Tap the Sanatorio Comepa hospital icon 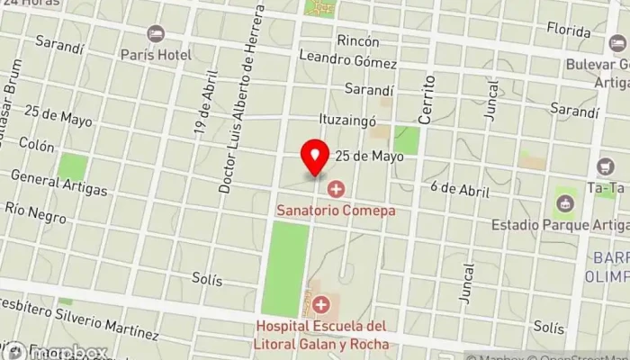pyautogui.click(x=337, y=189)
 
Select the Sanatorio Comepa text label pyautogui.click(x=337, y=210)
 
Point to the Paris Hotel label pyautogui.click(x=157, y=55)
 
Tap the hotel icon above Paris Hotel pyautogui.click(x=157, y=34)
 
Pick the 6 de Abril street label pyautogui.click(x=459, y=190)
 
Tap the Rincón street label pyautogui.click(x=357, y=41)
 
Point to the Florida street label pyautogui.click(x=568, y=31)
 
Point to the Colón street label pyautogui.click(x=37, y=145)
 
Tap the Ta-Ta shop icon pyautogui.click(x=605, y=167)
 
